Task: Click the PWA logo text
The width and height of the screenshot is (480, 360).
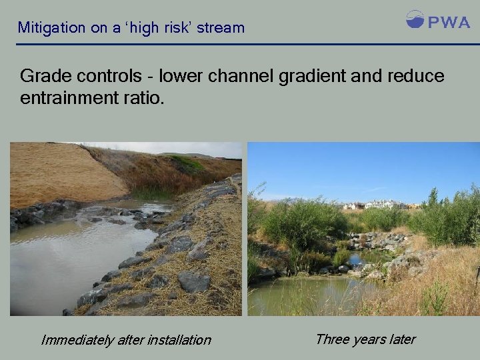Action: coord(449,22)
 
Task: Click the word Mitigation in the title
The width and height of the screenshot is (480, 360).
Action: coord(52,28)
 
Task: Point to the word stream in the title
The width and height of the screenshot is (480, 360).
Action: coord(221,28)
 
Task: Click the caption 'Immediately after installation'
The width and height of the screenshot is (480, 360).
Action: coord(126,340)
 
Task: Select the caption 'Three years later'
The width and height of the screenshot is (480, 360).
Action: coord(365,339)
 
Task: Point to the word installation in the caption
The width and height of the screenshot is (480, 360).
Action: coord(178,340)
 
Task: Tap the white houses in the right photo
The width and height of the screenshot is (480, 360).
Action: coord(377,205)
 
